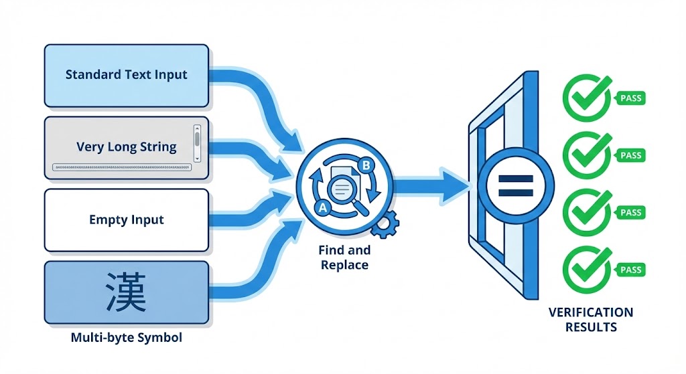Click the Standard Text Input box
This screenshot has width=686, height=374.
(126, 75)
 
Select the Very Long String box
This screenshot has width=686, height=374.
(126, 148)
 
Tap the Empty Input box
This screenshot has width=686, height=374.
(126, 220)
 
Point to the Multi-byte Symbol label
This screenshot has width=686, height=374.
(126, 337)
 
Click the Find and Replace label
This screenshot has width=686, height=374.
(344, 258)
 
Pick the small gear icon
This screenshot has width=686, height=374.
(384, 224)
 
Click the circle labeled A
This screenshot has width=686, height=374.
(323, 207)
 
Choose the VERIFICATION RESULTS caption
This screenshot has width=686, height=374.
(590, 319)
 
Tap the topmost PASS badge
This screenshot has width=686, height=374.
(630, 98)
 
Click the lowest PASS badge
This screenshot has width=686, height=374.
(630, 270)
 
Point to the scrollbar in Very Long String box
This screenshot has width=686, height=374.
(197, 141)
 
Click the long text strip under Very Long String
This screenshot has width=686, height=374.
(121, 167)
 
